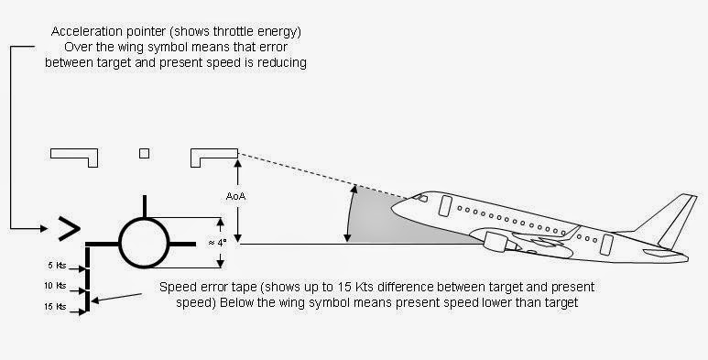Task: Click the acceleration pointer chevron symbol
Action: [67, 227]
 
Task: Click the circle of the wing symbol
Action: [143, 244]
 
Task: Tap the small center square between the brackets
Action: [144, 153]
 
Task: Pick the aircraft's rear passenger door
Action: [605, 244]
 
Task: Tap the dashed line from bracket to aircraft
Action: [302, 170]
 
